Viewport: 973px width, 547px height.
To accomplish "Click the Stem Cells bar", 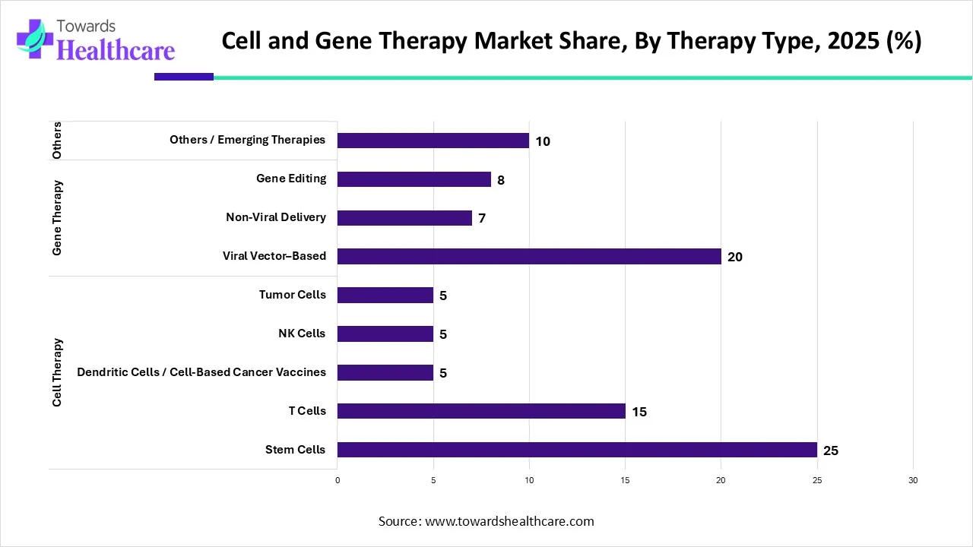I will click(x=577, y=450).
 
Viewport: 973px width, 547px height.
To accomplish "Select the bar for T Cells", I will click(x=481, y=411).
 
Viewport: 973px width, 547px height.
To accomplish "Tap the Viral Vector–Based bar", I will click(x=529, y=256).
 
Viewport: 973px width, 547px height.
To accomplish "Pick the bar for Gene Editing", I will click(x=414, y=179).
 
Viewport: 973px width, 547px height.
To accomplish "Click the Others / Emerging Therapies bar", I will click(x=433, y=141).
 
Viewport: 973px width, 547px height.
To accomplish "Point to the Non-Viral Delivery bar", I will click(x=404, y=218).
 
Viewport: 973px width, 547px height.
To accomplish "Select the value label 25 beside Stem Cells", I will click(x=831, y=451).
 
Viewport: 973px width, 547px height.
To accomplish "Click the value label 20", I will click(x=735, y=257).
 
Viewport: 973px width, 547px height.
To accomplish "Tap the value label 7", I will click(x=482, y=219).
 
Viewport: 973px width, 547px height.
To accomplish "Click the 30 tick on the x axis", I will click(x=913, y=480).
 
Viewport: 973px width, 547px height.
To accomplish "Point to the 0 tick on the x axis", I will click(x=338, y=480).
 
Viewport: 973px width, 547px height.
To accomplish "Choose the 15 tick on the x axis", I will click(x=625, y=480).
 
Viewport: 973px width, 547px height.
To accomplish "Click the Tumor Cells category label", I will click(x=293, y=295).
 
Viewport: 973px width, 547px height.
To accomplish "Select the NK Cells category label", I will click(x=302, y=334).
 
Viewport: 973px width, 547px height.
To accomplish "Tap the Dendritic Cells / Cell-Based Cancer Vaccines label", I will click(x=201, y=372).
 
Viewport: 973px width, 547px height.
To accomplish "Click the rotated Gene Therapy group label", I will click(x=57, y=218).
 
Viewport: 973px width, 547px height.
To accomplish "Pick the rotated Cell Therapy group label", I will click(x=57, y=372).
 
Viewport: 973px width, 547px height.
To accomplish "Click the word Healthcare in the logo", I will click(x=116, y=50).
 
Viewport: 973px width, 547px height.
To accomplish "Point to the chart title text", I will click(x=572, y=41).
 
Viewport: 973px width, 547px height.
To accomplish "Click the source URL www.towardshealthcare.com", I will click(x=509, y=521).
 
